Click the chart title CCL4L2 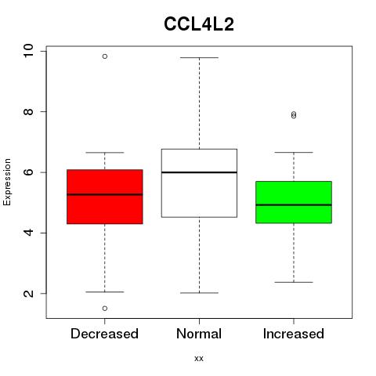point(199,24)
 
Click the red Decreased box point(105,197)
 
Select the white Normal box point(199,183)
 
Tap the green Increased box point(294,202)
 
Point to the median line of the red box point(105,194)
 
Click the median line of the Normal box point(199,172)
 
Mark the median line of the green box point(294,205)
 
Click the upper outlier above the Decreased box point(105,56)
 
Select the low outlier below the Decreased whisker point(105,309)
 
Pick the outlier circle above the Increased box point(294,115)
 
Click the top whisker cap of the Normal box point(199,57)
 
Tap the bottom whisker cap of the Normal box point(199,293)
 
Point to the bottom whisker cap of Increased point(294,282)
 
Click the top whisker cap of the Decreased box point(105,152)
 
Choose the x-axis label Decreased point(104,334)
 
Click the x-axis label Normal point(199,334)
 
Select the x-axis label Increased point(294,334)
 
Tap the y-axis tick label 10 point(28,51)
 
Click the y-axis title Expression point(7,182)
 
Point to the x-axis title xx point(199,359)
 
